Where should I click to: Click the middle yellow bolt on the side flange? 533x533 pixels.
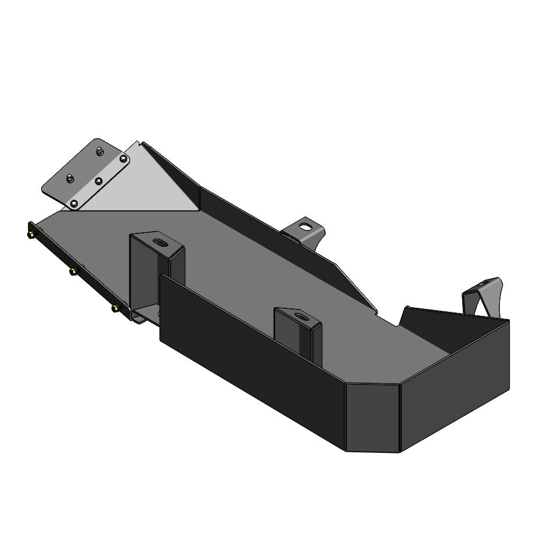point(74,271)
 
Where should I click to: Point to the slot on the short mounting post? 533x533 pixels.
point(301,316)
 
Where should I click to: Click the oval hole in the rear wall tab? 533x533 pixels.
point(304,226)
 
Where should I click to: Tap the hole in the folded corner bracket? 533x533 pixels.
point(484,286)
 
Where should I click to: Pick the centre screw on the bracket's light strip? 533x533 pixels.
point(99,181)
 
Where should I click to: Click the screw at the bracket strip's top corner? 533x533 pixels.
point(123,158)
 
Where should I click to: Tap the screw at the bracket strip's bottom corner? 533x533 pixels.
point(73,203)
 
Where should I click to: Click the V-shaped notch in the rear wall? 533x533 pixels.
point(401,316)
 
